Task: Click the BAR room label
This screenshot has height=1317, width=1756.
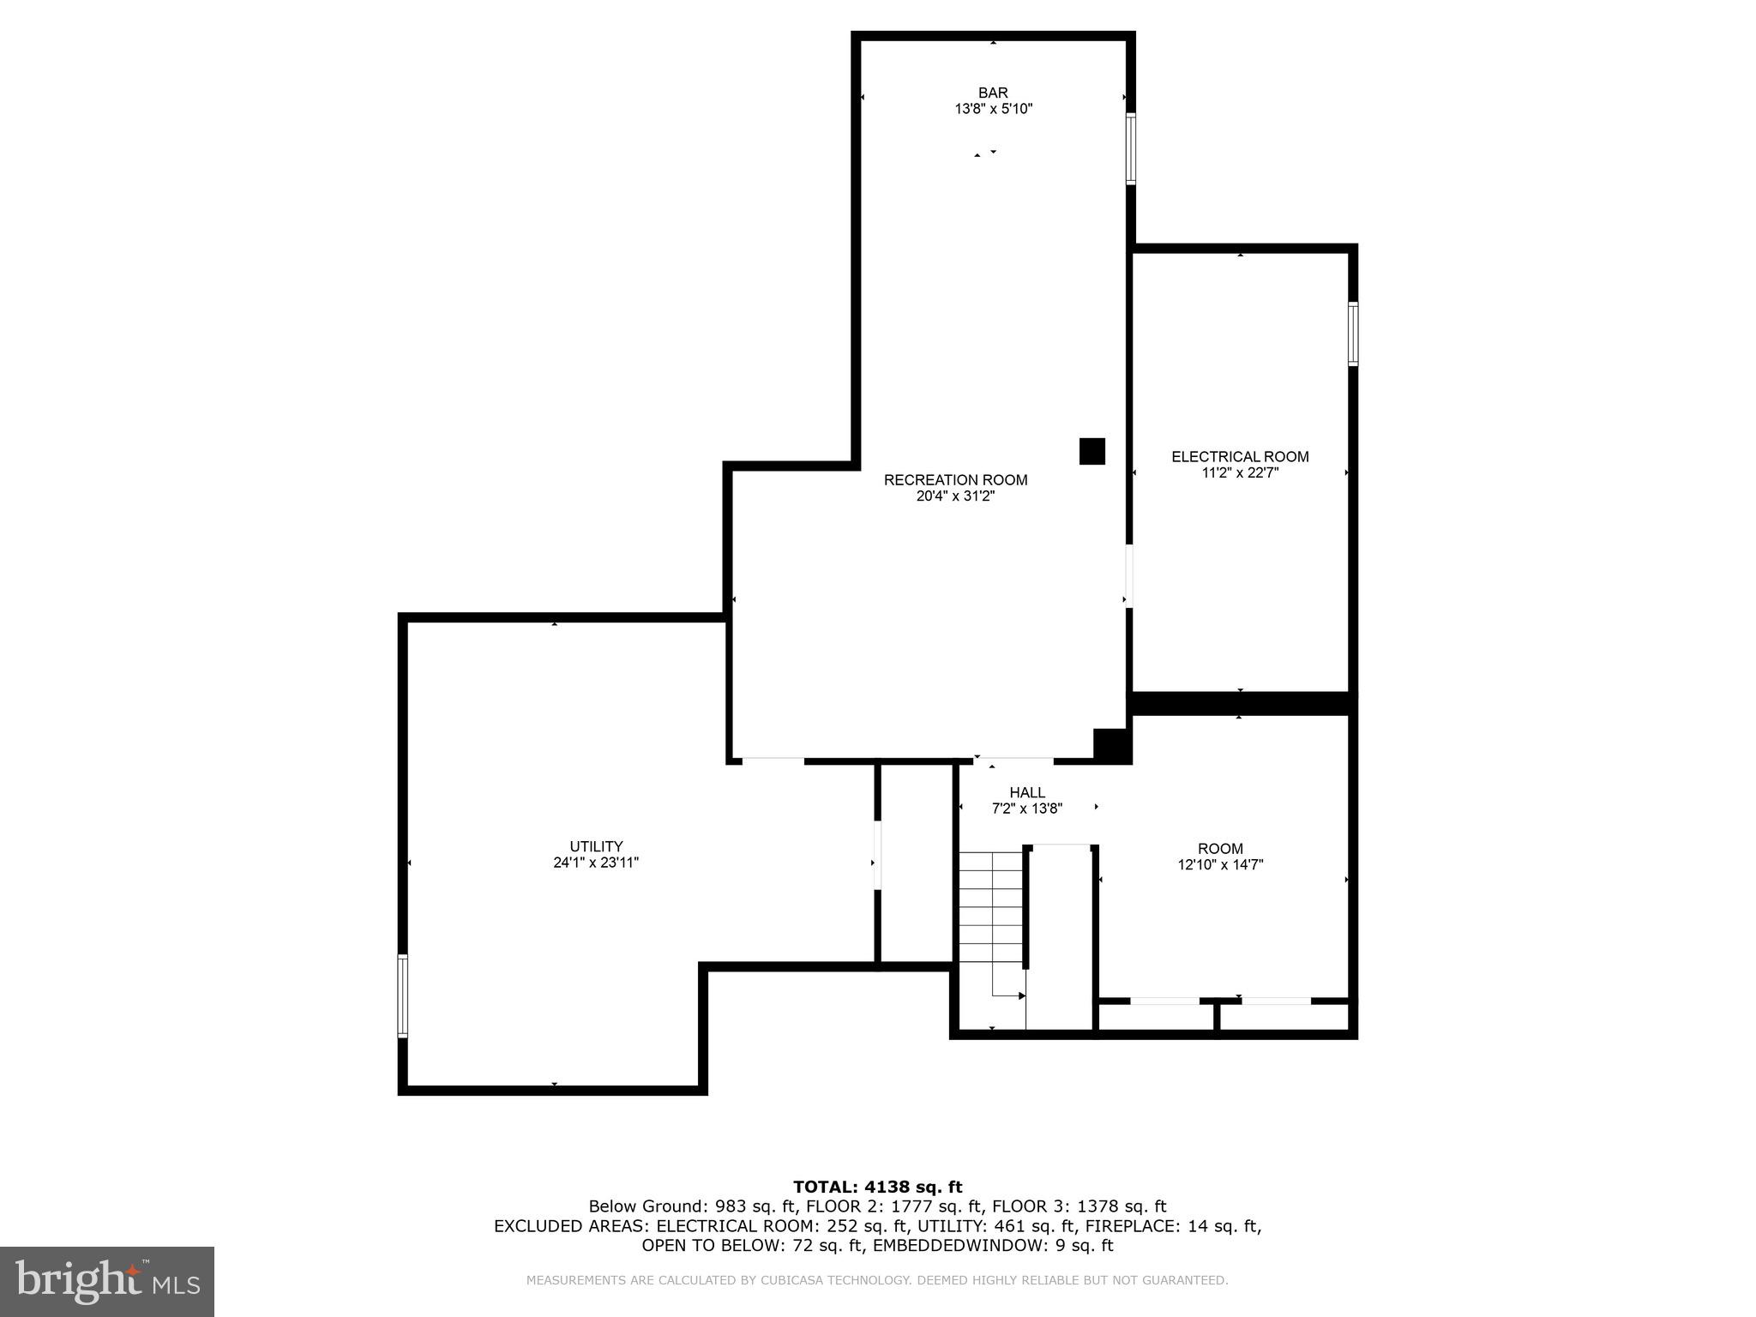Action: (993, 93)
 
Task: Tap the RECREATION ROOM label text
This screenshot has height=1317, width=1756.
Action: (955, 480)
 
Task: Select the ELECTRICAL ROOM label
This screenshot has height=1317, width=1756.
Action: (1240, 457)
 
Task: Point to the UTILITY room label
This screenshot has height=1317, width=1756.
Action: (596, 846)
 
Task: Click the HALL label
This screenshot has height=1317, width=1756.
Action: (1026, 792)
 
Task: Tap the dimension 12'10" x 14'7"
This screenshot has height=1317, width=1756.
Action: (1220, 865)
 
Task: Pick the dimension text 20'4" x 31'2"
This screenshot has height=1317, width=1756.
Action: (955, 496)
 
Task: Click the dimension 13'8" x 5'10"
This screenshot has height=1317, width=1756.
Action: (993, 109)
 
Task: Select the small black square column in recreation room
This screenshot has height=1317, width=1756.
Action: (1091, 451)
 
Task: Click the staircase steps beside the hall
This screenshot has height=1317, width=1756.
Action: (991, 909)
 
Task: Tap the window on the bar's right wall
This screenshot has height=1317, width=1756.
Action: (1131, 148)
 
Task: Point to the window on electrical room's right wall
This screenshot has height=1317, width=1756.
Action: (1353, 334)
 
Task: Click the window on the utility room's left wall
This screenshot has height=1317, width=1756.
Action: (403, 996)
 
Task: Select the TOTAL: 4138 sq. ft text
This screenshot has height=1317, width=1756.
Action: (877, 1187)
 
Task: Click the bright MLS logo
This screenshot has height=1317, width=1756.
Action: (107, 1281)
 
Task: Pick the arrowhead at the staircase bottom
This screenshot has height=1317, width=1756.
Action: (1022, 995)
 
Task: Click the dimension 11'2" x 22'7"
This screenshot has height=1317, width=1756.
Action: (1240, 472)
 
